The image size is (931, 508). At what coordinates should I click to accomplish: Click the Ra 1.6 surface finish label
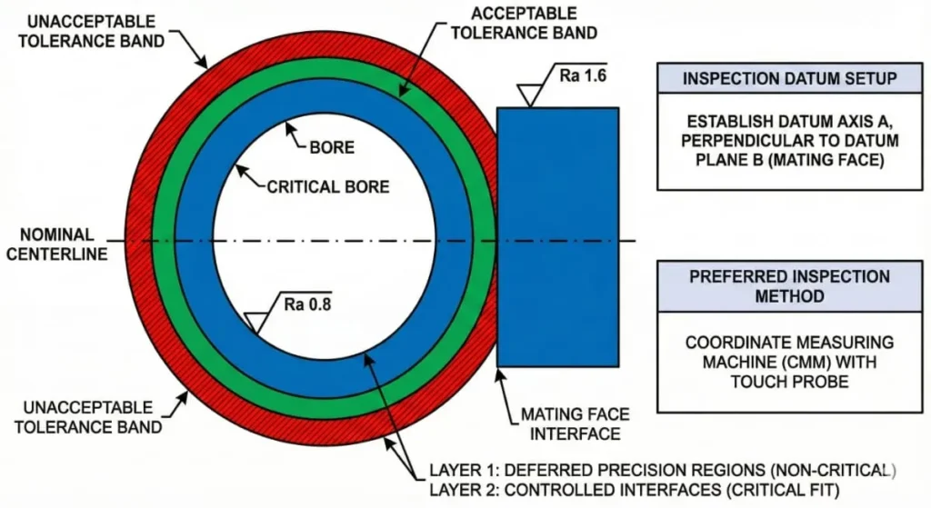pyautogui.click(x=583, y=75)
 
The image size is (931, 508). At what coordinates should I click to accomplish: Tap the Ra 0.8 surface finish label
pyautogui.click(x=306, y=304)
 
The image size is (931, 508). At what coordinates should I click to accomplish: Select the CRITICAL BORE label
pyautogui.click(x=327, y=187)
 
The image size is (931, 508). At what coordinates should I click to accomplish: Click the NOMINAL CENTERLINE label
pyautogui.click(x=56, y=244)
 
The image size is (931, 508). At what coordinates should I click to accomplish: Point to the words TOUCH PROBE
pyautogui.click(x=789, y=383)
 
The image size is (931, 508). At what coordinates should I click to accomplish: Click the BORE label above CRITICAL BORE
pyautogui.click(x=332, y=146)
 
